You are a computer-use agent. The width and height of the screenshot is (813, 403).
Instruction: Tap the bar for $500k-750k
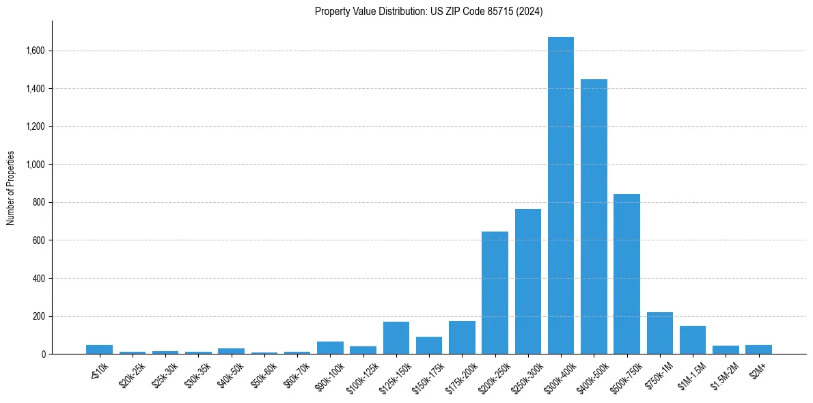[x=626, y=274]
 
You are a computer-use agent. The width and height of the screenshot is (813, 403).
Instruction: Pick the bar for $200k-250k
[x=495, y=293]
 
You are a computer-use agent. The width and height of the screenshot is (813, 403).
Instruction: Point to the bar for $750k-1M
[x=659, y=333]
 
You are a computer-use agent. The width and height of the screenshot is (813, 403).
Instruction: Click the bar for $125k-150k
[x=396, y=338]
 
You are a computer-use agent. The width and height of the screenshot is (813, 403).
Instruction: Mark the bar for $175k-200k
[x=462, y=337]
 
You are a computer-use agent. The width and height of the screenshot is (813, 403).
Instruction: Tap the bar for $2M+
[x=758, y=350]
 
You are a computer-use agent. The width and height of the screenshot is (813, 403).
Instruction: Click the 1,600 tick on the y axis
[x=36, y=51]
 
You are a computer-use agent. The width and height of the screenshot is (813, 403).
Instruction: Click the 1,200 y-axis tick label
[x=36, y=126]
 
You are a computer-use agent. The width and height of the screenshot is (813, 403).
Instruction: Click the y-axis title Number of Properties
[x=11, y=187]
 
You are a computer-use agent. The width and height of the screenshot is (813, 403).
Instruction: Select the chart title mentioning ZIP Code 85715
[x=429, y=11]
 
